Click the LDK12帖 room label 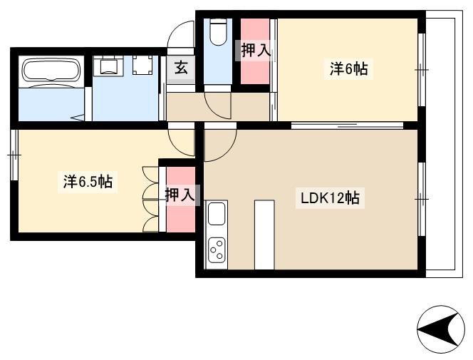pyautogui.click(x=328, y=200)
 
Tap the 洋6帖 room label pyautogui.click(x=348, y=69)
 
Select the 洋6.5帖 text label pyautogui.click(x=87, y=182)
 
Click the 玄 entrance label pyautogui.click(x=181, y=68)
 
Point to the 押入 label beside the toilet pyautogui.click(x=254, y=50)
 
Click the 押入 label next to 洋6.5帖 pyautogui.click(x=181, y=194)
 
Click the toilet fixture pyautogui.click(x=218, y=31)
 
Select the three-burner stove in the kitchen pyautogui.click(x=217, y=250)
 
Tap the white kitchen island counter pyautogui.click(x=264, y=234)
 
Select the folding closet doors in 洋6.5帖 pyautogui.click(x=151, y=199)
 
